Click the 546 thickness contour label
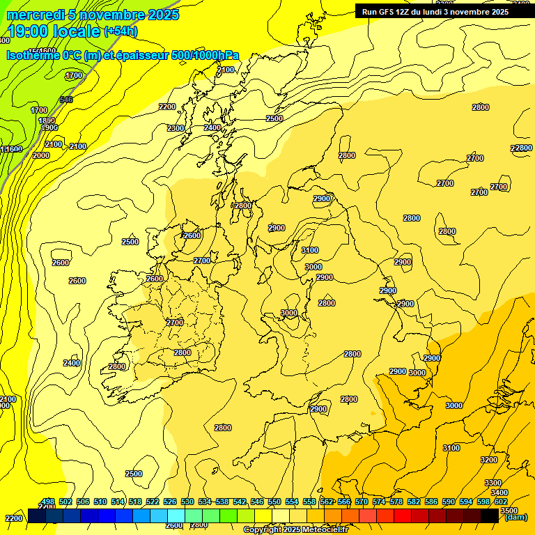pos(66,100)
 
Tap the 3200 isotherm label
pos(489,460)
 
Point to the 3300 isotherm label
pos(493,483)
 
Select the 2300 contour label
pos(176,128)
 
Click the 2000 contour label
pos(41,155)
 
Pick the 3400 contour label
pos(499,493)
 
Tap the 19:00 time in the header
pos(29,31)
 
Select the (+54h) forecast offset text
pos(121,31)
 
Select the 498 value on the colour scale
pos(48,502)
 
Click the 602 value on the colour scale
pos(500,502)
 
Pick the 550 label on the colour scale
pos(274,502)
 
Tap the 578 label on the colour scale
pos(396,502)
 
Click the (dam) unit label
pos(515,517)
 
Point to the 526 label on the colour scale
pos(170,502)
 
